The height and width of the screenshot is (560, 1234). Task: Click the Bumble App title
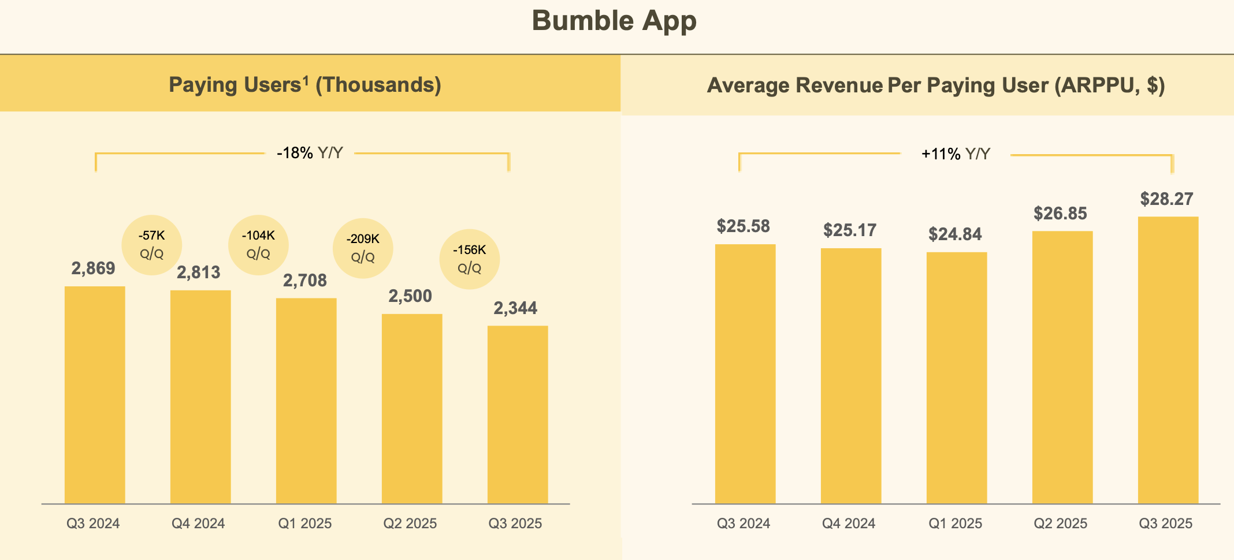(614, 21)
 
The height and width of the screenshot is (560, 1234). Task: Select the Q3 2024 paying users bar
(95, 395)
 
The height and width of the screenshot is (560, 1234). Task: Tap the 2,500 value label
(410, 296)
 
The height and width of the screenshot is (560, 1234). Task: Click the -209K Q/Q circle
(363, 248)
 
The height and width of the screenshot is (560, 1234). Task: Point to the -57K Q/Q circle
(152, 245)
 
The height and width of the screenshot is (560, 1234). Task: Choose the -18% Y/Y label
(310, 153)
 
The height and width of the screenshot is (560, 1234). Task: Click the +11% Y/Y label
(956, 154)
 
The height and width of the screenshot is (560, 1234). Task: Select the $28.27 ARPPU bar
(1168, 360)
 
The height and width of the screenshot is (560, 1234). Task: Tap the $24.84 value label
(955, 234)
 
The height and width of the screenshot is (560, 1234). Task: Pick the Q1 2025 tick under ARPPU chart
(955, 524)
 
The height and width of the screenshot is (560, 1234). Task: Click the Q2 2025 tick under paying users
(410, 524)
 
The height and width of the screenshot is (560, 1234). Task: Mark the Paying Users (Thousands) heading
(305, 85)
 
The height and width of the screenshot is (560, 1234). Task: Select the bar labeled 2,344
(518, 415)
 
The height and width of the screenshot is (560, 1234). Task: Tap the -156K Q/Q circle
(469, 259)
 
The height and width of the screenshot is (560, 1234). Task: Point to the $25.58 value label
(743, 226)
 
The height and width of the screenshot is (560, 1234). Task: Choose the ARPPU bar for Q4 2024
(850, 376)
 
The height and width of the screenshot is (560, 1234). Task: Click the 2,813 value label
(198, 272)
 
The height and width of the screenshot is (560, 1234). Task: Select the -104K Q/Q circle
(258, 245)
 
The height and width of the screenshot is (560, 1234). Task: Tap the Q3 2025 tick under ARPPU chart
(1165, 524)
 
